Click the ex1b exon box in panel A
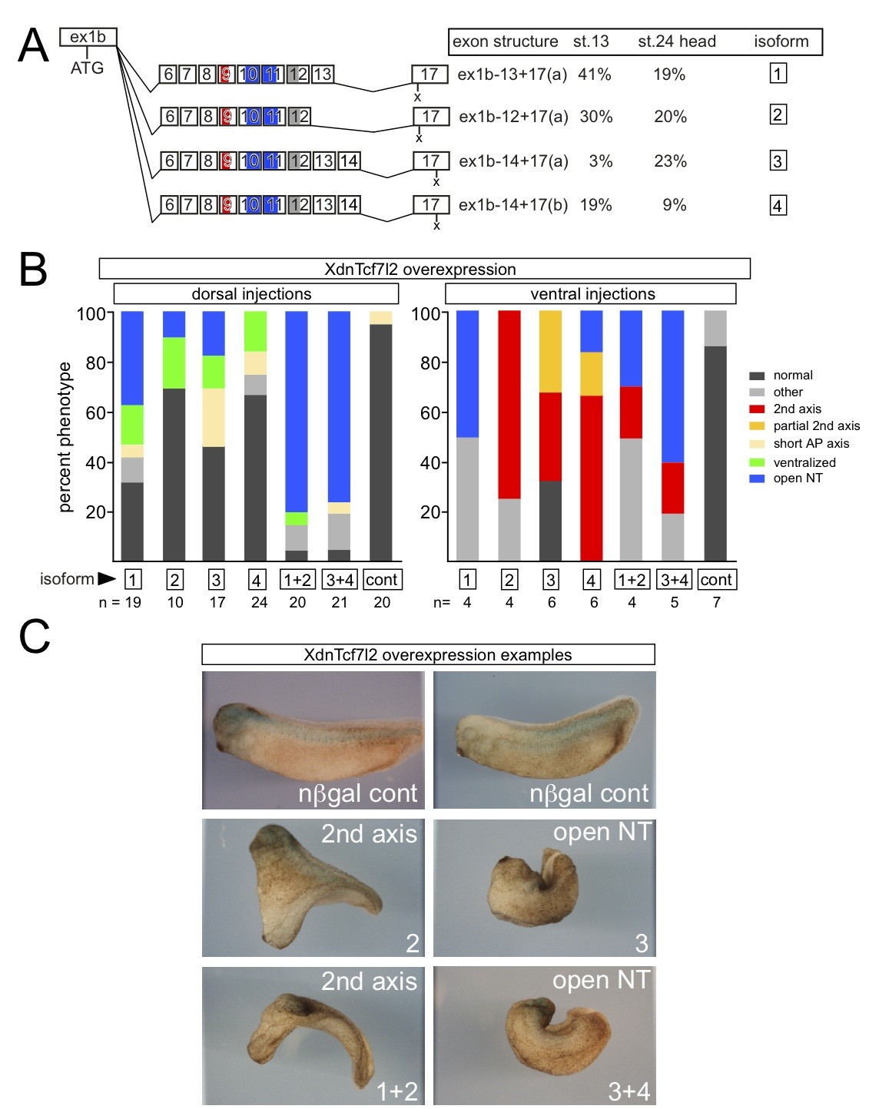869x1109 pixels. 88,37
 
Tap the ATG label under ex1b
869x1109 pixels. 87,68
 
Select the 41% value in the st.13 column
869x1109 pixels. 594,74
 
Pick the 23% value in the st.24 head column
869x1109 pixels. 670,161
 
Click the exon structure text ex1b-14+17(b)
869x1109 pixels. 512,205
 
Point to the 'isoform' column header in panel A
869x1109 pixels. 781,41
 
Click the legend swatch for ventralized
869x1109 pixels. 757,462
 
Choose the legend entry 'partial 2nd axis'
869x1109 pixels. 816,426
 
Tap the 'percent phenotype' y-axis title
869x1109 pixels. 65,437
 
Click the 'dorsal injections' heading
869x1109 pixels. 251,294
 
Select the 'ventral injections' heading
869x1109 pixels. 592,294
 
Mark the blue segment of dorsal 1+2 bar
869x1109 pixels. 297,411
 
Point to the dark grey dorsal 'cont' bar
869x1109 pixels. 381,442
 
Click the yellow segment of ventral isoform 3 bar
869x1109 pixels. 551,352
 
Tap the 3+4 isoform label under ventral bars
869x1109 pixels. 674,580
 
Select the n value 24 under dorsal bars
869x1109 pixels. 259,603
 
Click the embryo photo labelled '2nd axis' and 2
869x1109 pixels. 313,888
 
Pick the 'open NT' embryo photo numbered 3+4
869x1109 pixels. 545,1035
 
